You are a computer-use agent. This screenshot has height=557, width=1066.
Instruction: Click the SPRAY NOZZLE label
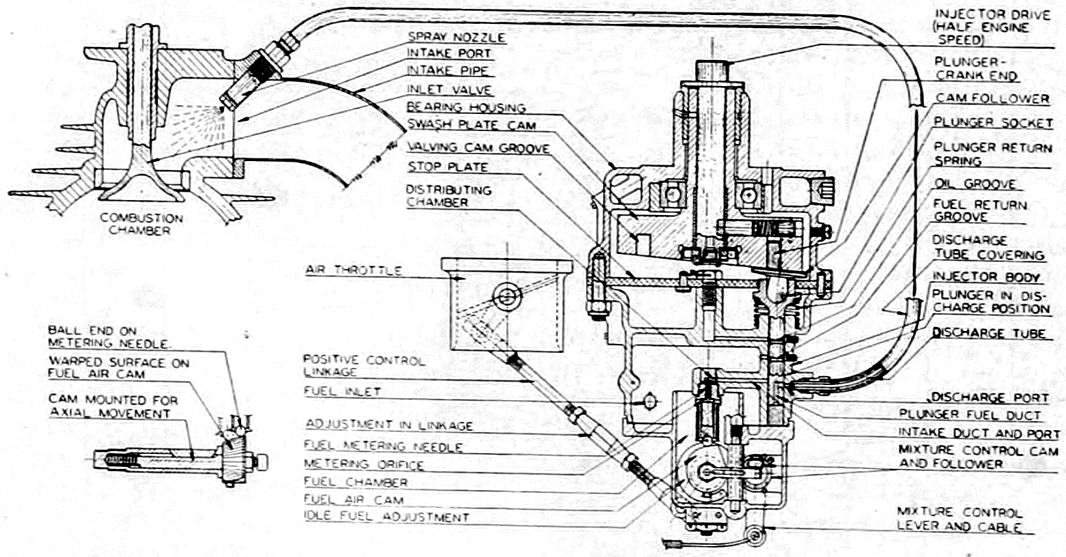pyautogui.click(x=456, y=37)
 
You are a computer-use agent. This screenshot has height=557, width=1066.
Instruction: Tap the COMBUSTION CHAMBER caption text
pyautogui.click(x=141, y=225)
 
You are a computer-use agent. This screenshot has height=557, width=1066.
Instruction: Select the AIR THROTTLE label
pyautogui.click(x=354, y=270)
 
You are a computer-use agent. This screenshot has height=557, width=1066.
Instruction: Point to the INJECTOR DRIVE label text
pyautogui.click(x=992, y=27)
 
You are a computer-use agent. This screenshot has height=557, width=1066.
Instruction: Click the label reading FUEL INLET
pyautogui.click(x=343, y=391)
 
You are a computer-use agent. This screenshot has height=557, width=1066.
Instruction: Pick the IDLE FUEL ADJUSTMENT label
pyautogui.click(x=387, y=517)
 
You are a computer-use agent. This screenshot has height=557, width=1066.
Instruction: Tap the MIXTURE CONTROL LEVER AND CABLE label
pyautogui.click(x=959, y=519)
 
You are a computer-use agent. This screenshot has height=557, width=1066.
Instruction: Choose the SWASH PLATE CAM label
pyautogui.click(x=471, y=125)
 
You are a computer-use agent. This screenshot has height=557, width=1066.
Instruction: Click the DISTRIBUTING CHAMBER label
pyautogui.click(x=448, y=196)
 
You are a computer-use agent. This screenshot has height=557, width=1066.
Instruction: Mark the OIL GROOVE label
pyautogui.click(x=974, y=184)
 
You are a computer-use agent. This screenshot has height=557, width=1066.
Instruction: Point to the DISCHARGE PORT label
pyautogui.click(x=990, y=397)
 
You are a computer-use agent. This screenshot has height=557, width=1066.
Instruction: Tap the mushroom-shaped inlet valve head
pyautogui.click(x=141, y=184)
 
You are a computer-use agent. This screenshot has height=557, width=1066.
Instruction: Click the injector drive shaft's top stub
pyautogui.click(x=712, y=72)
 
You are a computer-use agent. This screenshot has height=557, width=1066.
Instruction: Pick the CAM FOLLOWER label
pyautogui.click(x=992, y=98)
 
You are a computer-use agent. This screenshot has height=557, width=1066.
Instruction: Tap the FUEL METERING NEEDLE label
pyautogui.click(x=384, y=446)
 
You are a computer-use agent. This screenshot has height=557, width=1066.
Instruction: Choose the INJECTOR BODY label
pyautogui.click(x=986, y=277)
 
